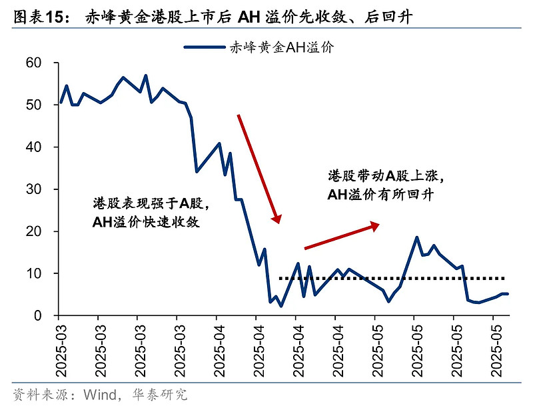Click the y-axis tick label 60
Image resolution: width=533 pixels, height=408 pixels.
pyautogui.click(x=33, y=63)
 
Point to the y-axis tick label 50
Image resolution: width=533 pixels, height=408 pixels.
pyautogui.click(x=33, y=105)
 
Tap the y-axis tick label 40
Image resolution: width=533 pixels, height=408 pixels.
pyautogui.click(x=33, y=147)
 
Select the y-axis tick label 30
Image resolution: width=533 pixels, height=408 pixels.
pyautogui.click(x=33, y=189)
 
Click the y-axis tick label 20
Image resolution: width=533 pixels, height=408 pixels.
pyautogui.click(x=33, y=231)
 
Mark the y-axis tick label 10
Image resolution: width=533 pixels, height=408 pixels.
pyautogui.click(x=33, y=273)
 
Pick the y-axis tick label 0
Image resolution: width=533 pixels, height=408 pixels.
pyautogui.click(x=37, y=315)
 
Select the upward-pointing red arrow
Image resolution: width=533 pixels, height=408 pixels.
pyautogui.click(x=341, y=237)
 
